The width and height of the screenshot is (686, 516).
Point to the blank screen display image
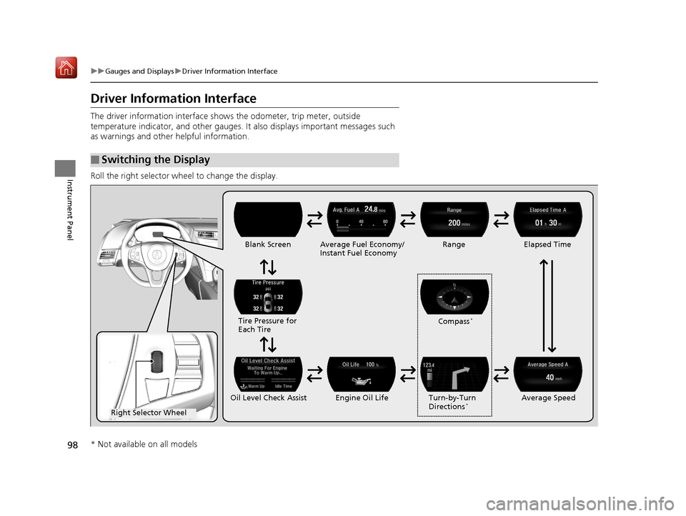268,219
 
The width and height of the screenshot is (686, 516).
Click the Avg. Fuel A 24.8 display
362,219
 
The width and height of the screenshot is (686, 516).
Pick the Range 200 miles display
454,219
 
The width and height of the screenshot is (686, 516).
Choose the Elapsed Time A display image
548,219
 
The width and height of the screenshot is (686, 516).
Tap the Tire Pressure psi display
268,296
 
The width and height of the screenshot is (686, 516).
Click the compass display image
454,296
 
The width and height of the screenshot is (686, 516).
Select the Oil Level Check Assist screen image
268,374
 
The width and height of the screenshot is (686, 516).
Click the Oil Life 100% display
362,374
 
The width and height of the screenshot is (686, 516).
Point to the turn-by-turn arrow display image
454,374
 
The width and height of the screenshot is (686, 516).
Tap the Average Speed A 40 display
548,374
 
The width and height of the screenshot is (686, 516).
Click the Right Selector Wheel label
149,412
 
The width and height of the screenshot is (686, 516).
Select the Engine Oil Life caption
361,397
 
